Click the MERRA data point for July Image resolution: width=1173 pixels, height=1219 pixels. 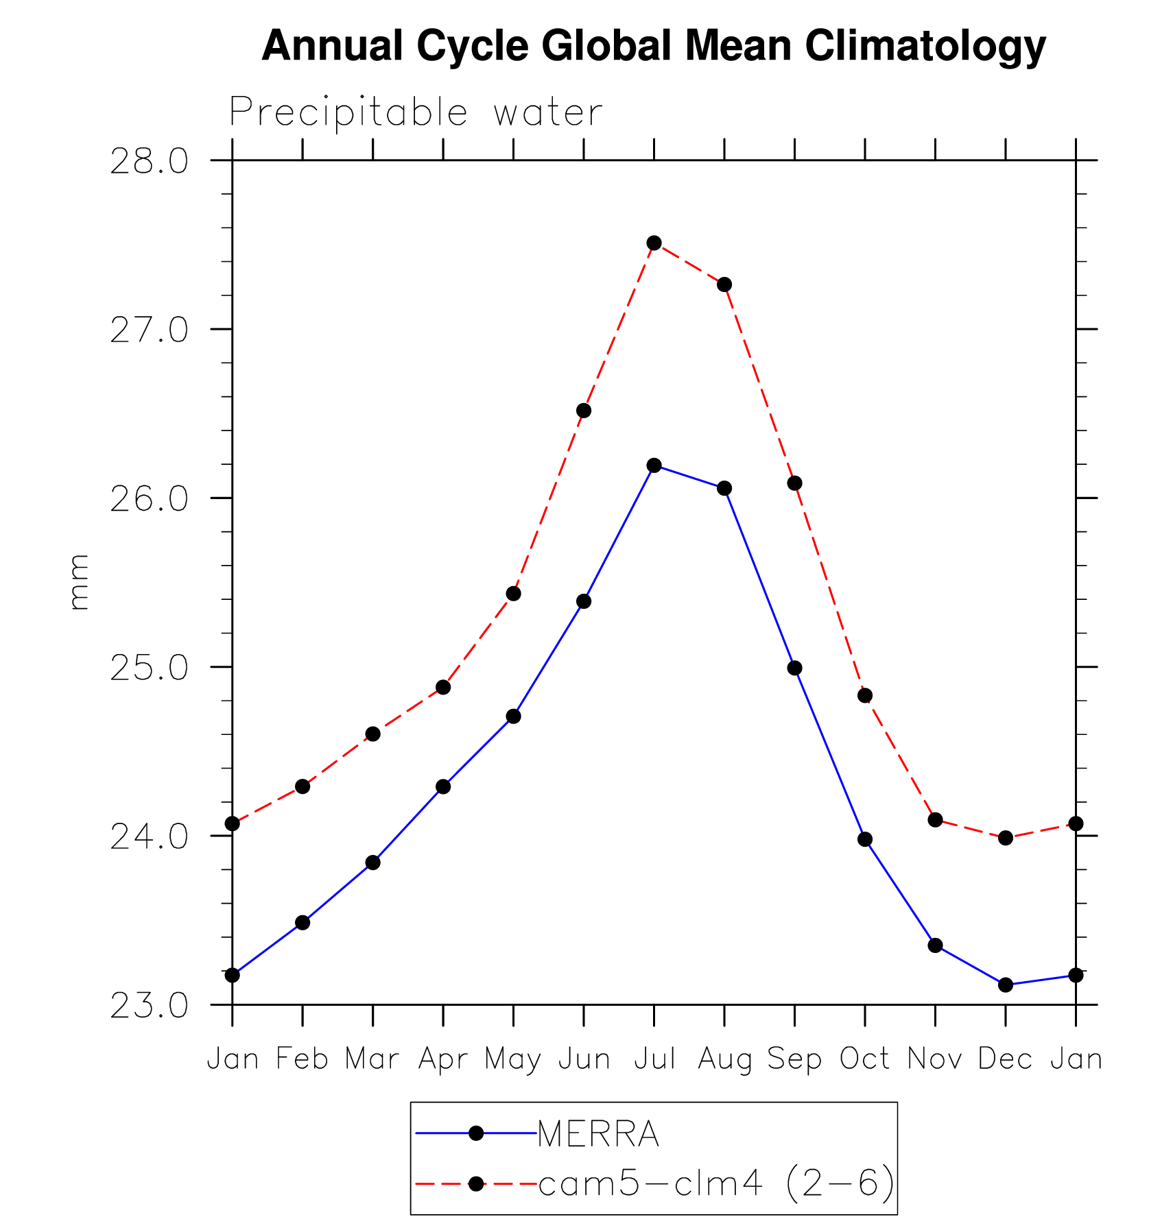click(654, 466)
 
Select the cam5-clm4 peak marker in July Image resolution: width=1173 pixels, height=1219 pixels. click(654, 243)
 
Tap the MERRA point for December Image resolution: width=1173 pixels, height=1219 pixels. click(1005, 985)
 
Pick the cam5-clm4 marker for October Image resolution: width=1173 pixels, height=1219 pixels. click(864, 695)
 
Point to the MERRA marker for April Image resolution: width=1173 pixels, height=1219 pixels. click(443, 786)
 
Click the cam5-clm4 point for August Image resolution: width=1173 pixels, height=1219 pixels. click(724, 285)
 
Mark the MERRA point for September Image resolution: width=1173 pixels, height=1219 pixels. click(794, 668)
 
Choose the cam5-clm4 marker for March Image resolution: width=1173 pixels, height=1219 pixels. click(372, 734)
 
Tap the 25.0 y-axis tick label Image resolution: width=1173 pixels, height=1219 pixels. click(149, 668)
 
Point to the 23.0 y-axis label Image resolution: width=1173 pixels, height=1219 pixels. click(149, 1006)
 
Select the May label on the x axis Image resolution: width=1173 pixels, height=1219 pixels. click(512, 1060)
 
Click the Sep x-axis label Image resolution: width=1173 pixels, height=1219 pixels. click(794, 1060)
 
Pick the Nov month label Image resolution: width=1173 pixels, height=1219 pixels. click(934, 1059)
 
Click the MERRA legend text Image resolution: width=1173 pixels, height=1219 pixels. click(598, 1134)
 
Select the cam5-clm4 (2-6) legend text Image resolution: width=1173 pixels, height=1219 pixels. click(717, 1183)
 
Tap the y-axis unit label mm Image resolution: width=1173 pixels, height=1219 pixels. click(79, 582)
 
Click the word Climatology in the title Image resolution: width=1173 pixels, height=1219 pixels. click(925, 46)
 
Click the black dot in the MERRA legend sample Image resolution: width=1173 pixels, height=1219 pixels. click(476, 1133)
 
